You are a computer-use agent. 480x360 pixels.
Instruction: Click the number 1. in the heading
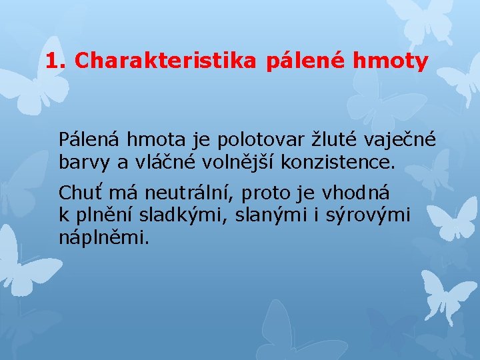coord(57,61)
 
